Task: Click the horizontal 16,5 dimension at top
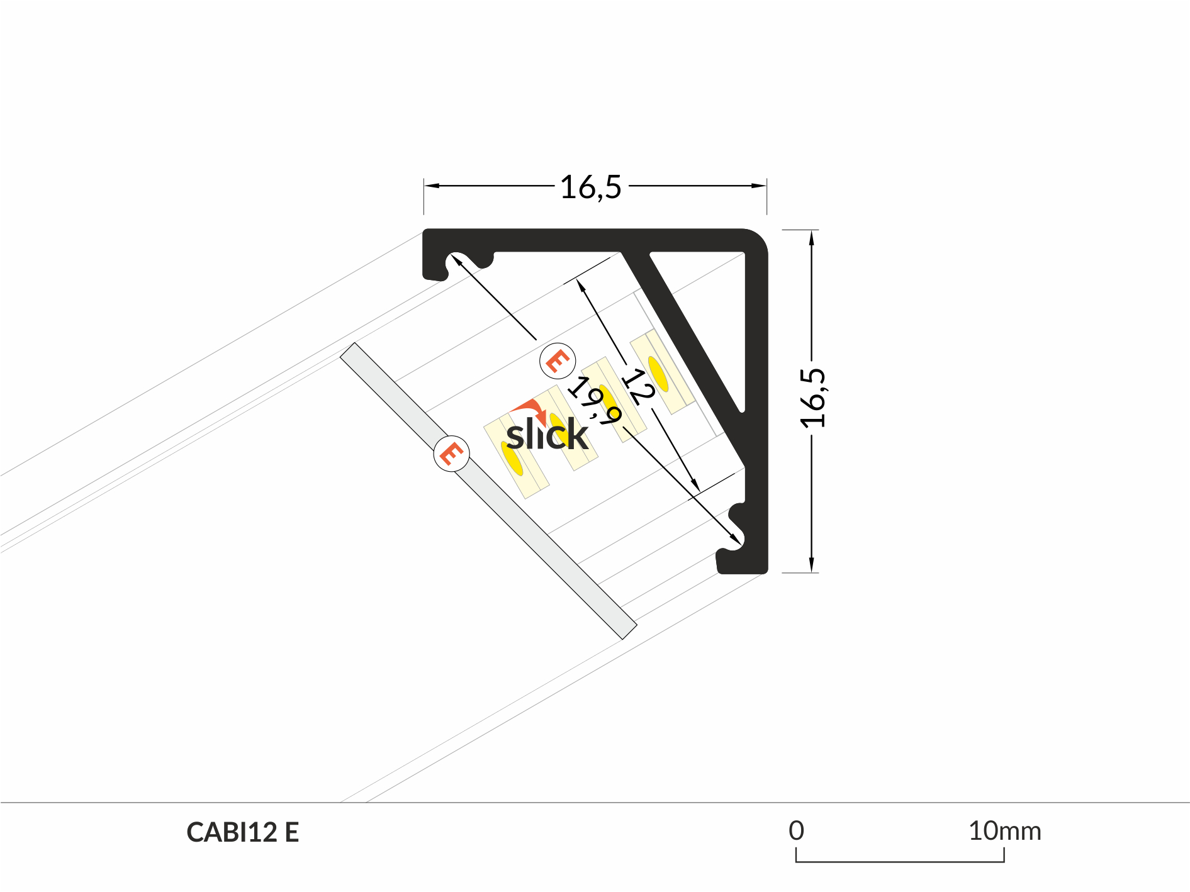(x=590, y=187)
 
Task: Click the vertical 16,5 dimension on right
(x=812, y=398)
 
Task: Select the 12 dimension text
(x=638, y=386)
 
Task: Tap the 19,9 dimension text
(x=594, y=401)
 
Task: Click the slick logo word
(x=547, y=434)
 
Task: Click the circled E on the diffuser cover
(x=451, y=454)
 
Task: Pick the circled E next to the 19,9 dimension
(x=558, y=361)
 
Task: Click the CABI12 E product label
(x=242, y=832)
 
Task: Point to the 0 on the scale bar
(x=796, y=831)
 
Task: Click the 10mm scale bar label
(x=1004, y=831)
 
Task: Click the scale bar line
(x=900, y=861)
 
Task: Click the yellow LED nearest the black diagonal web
(x=658, y=374)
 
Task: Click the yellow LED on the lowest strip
(x=512, y=459)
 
